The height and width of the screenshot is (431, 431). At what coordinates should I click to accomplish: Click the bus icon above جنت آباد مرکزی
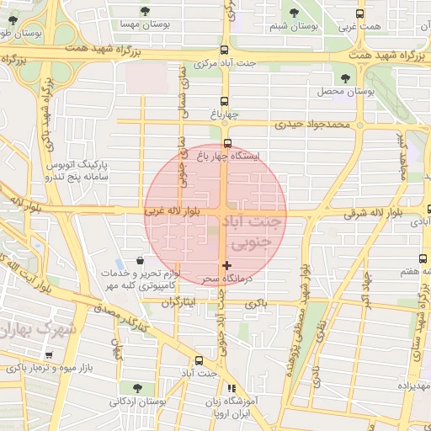pyautogui.click(x=223, y=50)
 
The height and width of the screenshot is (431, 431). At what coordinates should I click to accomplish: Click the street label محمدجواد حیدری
pyautogui.click(x=311, y=124)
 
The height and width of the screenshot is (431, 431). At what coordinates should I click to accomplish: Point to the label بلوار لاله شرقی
pyautogui.click(x=376, y=215)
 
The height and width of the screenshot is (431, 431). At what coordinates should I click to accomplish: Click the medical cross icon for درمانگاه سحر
pyautogui.click(x=226, y=265)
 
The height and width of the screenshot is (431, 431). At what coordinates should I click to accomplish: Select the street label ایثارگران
pyautogui.click(x=177, y=301)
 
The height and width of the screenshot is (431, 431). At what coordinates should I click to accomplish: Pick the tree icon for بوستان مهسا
pyautogui.click(x=146, y=12)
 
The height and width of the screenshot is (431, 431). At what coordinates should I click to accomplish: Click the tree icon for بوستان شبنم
pyautogui.click(x=294, y=13)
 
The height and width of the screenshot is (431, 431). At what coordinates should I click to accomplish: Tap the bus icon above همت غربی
pyautogui.click(x=360, y=13)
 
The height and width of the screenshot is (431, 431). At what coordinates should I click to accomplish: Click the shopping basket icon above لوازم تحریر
pyautogui.click(x=140, y=261)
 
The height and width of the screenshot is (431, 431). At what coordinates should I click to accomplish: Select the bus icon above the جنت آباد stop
pyautogui.click(x=200, y=359)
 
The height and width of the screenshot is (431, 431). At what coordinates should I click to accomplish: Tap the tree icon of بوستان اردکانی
pyautogui.click(x=136, y=388)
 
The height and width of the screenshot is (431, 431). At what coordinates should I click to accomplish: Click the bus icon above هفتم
pyautogui.click(x=423, y=259)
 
